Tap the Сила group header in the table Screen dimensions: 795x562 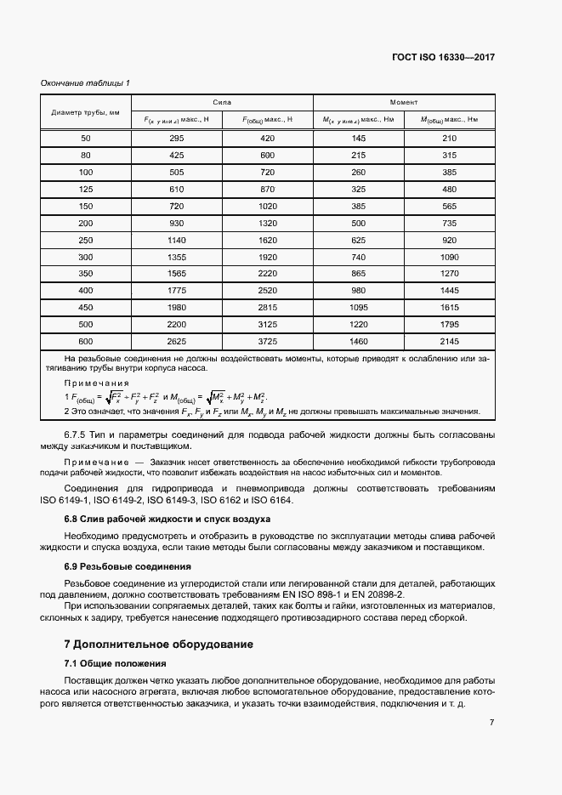222,101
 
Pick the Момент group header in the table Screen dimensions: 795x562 404,101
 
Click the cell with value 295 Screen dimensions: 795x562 177,138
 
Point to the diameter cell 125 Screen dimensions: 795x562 85,189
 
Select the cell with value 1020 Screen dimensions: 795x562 268,206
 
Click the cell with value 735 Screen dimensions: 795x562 450,223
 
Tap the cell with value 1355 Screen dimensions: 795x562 177,257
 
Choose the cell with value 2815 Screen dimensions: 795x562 268,307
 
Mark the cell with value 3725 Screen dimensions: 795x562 268,341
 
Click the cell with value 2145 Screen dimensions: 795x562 450,341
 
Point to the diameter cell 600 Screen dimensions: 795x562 85,341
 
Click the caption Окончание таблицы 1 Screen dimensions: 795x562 85,82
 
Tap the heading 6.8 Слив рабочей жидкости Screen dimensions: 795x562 167,518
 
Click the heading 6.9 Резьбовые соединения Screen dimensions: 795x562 128,565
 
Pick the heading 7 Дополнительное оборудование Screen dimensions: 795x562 158,644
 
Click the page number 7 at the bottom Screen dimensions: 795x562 491,722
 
